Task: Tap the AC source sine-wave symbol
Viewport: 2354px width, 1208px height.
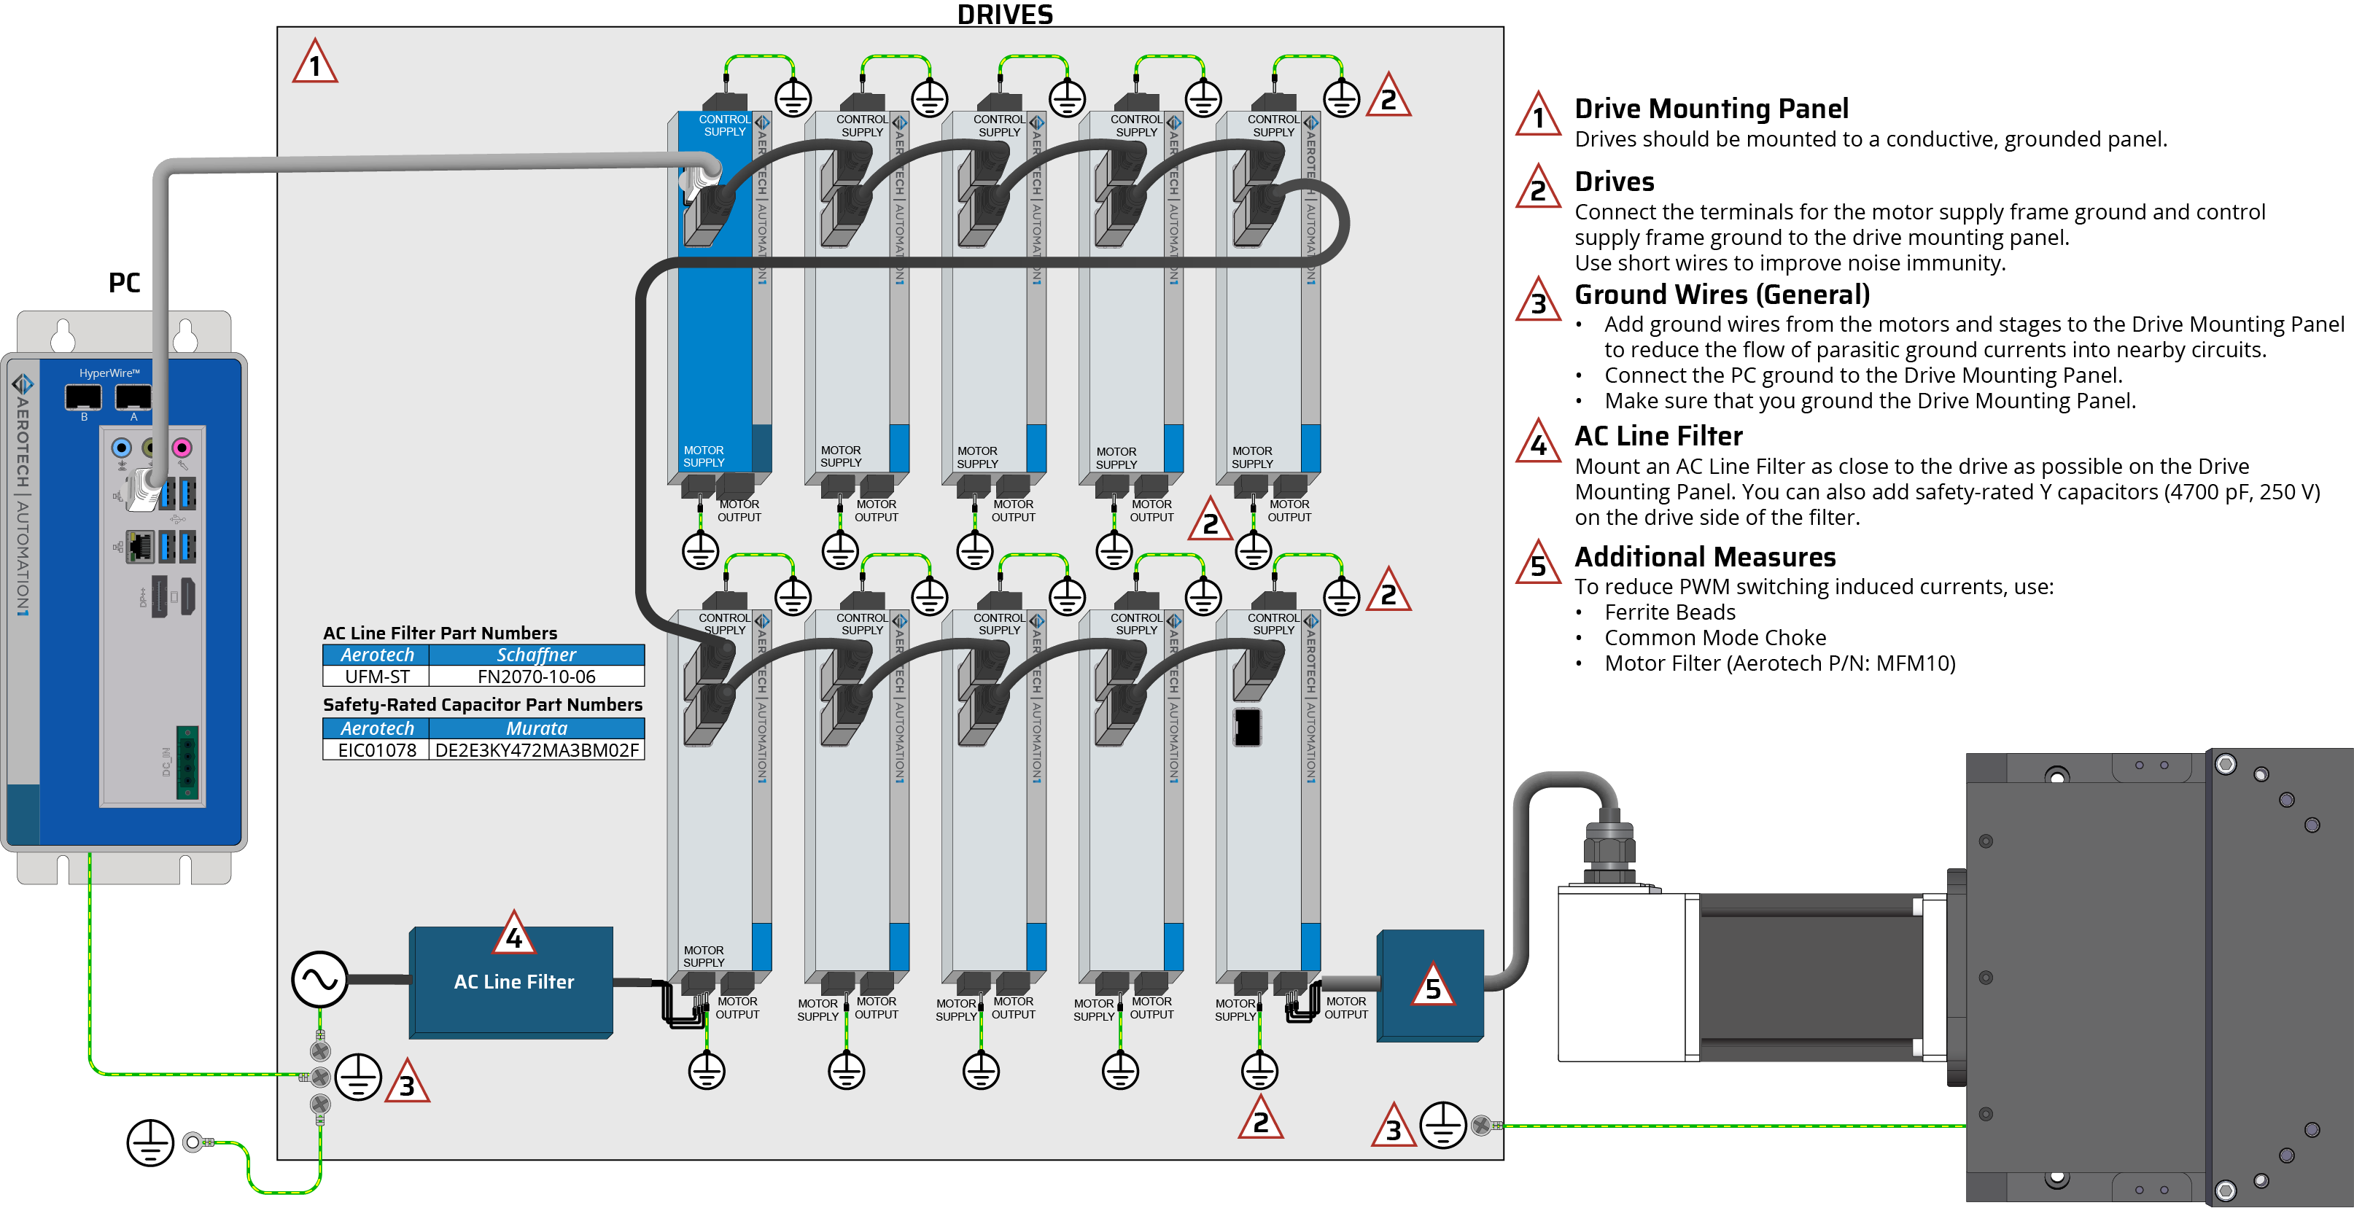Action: coord(320,980)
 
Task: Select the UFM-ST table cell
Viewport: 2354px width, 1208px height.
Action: coord(376,677)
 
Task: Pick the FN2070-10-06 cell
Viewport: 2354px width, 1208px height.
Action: coord(537,677)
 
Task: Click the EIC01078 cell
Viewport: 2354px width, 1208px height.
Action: coord(376,750)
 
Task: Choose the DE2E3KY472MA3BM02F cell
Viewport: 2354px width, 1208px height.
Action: coord(537,750)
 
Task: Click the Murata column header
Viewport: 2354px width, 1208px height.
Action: coord(537,728)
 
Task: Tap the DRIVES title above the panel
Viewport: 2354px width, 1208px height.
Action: coord(1004,14)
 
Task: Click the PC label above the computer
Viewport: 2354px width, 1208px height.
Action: coord(124,282)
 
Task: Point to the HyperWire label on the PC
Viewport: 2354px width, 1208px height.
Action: coord(109,373)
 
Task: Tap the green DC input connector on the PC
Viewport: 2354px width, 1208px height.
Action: coord(187,763)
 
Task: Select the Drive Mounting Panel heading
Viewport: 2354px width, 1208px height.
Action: coord(1711,109)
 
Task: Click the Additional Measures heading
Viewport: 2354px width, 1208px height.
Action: coord(1704,556)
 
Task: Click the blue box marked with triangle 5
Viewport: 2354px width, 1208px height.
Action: coord(1430,986)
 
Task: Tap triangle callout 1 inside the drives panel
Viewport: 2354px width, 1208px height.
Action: coord(315,62)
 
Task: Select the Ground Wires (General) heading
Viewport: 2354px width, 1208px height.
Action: coord(1722,295)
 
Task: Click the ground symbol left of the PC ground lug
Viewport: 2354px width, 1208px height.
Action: coord(150,1142)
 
